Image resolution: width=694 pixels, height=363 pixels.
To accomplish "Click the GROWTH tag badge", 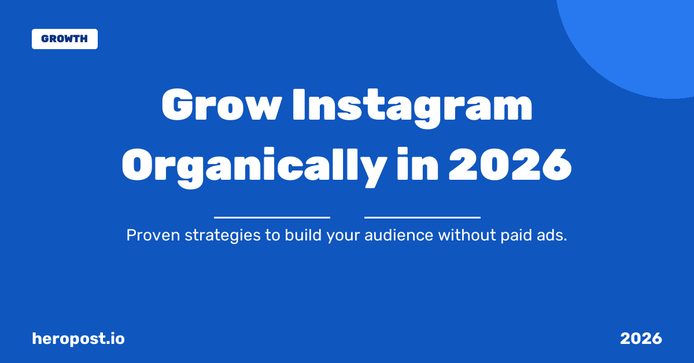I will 64,39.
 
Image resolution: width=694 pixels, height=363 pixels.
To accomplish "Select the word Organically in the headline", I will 253,165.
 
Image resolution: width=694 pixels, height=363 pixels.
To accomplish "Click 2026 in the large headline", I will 510,165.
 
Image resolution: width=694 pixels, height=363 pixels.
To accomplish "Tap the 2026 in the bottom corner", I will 641,339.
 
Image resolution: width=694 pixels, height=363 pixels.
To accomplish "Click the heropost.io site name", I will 78,339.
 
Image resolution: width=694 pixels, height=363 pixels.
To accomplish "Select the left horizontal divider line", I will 272,217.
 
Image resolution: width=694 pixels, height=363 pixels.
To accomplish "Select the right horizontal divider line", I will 422,217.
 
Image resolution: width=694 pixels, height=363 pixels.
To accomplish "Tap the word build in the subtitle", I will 298,236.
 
